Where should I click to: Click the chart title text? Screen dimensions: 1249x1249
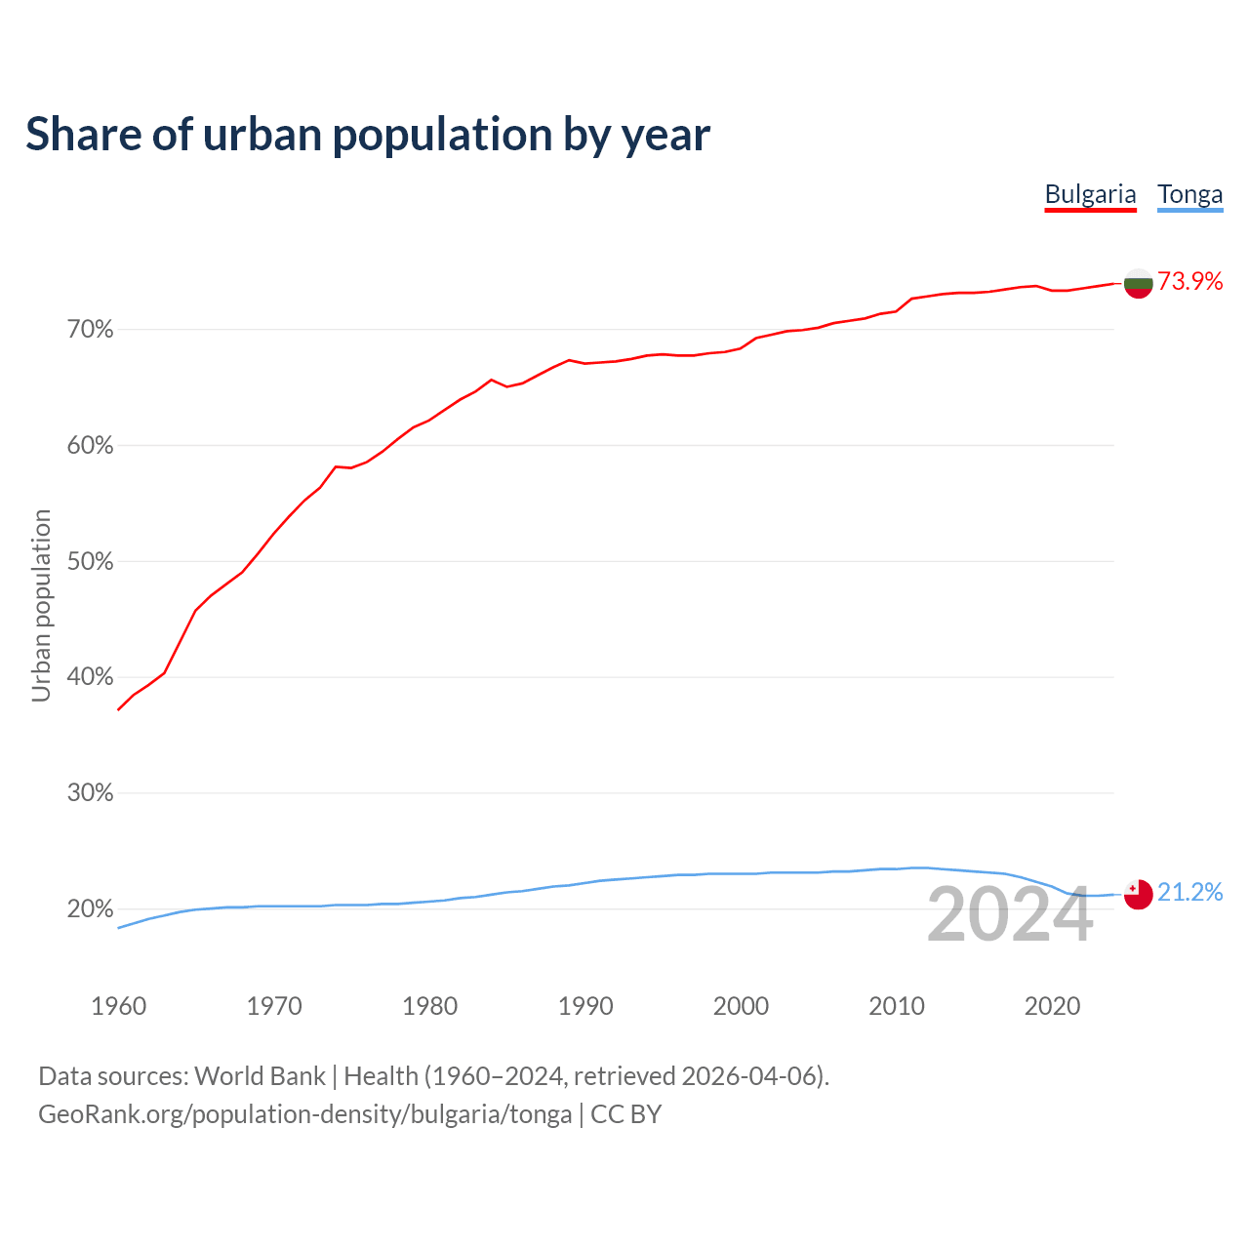pos(368,135)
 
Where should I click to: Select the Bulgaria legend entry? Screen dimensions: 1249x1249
pos(1090,194)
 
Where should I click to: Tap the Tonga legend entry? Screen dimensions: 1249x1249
pos(1189,194)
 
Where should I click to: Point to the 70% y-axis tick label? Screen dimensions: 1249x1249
pos(91,330)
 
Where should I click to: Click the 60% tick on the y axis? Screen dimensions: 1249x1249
pos(91,446)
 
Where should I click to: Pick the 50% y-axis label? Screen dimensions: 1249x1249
pos(91,562)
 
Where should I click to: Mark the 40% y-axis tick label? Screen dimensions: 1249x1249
pos(91,677)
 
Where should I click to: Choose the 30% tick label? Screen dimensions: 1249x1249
pos(91,793)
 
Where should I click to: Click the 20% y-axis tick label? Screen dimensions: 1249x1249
pos(91,909)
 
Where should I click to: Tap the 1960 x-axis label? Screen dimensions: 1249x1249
pos(118,1006)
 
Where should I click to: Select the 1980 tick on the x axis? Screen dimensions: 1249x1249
pos(430,1006)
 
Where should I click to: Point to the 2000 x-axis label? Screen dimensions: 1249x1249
pos(742,1006)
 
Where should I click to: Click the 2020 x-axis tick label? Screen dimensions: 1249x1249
pos(1052,1006)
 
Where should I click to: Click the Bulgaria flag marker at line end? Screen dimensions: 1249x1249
pos(1138,283)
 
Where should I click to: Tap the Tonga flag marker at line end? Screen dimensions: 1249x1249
pos(1138,894)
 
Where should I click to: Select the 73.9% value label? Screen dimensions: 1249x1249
pos(1190,282)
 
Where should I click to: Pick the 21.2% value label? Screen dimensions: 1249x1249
pos(1190,893)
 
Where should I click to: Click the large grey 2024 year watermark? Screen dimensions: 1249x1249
pos(1010,915)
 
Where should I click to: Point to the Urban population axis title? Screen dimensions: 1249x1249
pos(42,605)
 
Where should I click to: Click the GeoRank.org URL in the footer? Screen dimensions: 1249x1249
pos(304,1114)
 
